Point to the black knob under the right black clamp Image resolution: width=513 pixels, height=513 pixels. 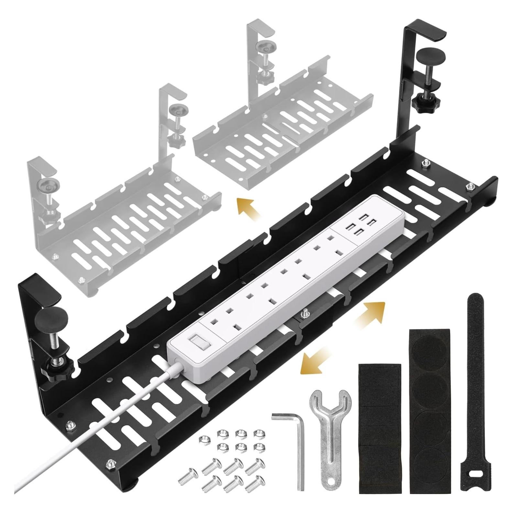tap(421, 104)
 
